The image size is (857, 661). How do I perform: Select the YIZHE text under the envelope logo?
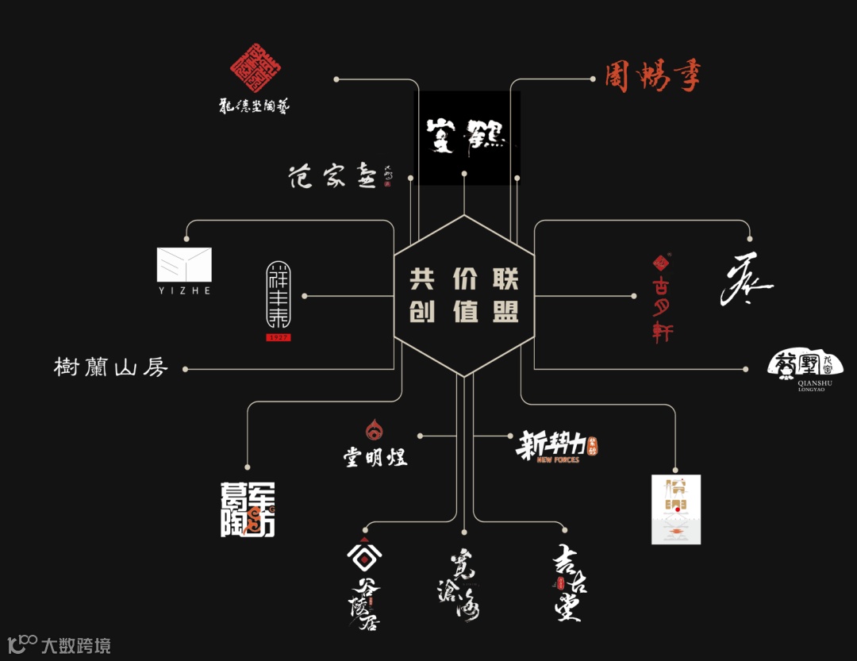point(184,290)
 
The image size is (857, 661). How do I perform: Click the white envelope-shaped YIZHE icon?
point(184,264)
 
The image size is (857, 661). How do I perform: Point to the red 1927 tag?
point(278,336)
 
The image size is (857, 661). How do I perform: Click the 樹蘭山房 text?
point(111,367)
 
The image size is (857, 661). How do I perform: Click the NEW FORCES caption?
point(558,460)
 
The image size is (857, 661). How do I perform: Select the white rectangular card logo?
point(675,509)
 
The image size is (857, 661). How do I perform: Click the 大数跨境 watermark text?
point(76,645)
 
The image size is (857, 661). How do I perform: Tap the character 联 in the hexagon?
point(505,279)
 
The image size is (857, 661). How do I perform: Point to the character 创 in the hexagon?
point(421,311)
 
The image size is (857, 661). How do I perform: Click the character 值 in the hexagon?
point(463,311)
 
